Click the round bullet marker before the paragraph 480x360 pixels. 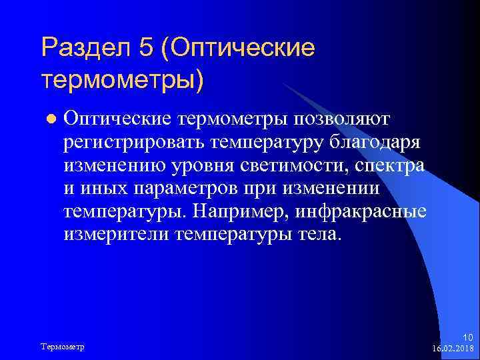coord(47,119)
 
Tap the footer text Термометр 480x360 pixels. coord(67,347)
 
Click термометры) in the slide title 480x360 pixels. coord(122,79)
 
